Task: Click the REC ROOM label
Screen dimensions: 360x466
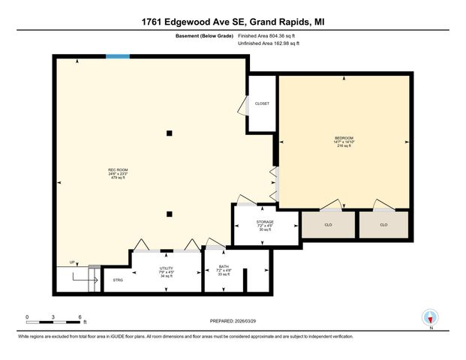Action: (x=119, y=170)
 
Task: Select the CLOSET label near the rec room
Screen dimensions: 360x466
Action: (x=262, y=103)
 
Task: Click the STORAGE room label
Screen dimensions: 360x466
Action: (x=265, y=222)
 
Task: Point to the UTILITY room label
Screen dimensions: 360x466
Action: (x=166, y=268)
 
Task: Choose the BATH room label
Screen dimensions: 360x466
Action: (x=224, y=266)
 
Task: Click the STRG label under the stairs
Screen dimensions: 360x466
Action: (x=118, y=280)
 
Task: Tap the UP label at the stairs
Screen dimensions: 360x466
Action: (x=72, y=262)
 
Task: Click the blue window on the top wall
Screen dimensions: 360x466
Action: (x=117, y=56)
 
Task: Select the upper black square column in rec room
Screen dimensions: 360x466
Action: (x=170, y=133)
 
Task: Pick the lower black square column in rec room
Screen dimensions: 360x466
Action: (x=170, y=211)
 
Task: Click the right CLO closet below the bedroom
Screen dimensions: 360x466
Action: (x=383, y=224)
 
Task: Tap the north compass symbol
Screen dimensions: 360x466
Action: (x=431, y=318)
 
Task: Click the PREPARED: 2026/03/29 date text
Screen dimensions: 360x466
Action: (x=233, y=321)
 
